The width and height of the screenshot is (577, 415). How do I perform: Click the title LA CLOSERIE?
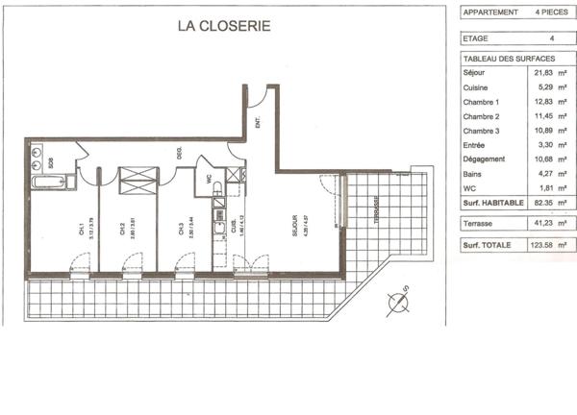[x=224, y=26]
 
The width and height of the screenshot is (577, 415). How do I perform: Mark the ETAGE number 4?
[x=551, y=38]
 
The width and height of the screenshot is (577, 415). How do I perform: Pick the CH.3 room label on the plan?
[x=180, y=230]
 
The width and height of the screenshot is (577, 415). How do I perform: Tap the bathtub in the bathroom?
[x=47, y=182]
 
